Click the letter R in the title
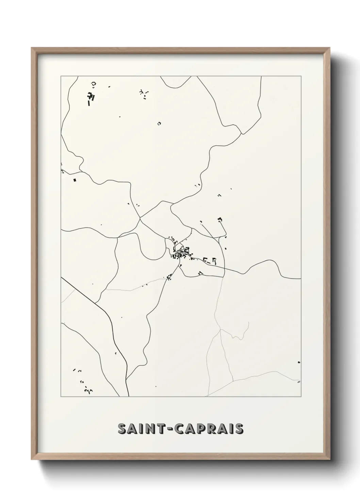point(214,429)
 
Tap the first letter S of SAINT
point(122,429)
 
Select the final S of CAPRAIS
point(239,429)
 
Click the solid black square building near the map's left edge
point(75,180)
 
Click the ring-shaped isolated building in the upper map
point(159,124)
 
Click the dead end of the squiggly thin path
point(250,322)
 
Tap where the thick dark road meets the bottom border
point(129,396)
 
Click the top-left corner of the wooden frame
point(32,48)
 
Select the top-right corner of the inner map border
point(301,76)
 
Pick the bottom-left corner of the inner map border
point(61,397)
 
